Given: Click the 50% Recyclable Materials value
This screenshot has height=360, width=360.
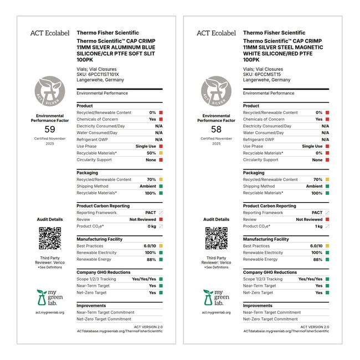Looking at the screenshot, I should click(x=151, y=153).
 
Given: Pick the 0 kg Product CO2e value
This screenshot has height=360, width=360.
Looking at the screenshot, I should click(x=151, y=226).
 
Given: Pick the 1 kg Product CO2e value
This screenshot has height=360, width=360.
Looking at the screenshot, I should click(x=318, y=226).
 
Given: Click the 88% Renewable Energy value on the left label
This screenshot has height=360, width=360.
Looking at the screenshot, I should click(x=151, y=259).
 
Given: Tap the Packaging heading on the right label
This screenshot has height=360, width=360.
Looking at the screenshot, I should click(x=254, y=173).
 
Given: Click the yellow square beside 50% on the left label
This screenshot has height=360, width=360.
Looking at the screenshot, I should click(x=161, y=153).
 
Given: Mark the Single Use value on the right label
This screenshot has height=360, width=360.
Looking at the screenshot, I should click(x=312, y=146).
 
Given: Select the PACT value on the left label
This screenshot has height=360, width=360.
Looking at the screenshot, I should click(x=150, y=213).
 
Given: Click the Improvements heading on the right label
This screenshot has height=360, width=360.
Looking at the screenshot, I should click(x=258, y=306).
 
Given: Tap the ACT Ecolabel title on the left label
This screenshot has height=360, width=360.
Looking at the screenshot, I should click(x=49, y=33).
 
